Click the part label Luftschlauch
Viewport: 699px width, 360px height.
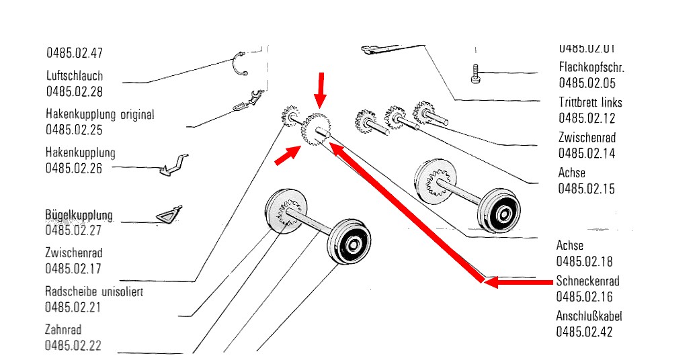(75, 76)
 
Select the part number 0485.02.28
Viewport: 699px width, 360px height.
(75, 92)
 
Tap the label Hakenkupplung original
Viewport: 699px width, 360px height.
(100, 114)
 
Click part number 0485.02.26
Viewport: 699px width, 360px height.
(74, 169)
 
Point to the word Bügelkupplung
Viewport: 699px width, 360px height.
(79, 216)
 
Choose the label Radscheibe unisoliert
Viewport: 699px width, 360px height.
(94, 292)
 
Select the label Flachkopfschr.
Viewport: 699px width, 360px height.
(591, 67)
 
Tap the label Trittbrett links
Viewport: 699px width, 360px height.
(590, 103)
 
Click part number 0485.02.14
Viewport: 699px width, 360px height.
(587, 154)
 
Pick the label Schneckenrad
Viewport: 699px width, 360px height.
(587, 281)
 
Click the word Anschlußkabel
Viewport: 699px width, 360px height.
(589, 316)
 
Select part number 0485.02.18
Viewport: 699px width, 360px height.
(584, 261)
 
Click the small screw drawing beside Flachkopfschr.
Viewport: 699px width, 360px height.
(476, 73)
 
